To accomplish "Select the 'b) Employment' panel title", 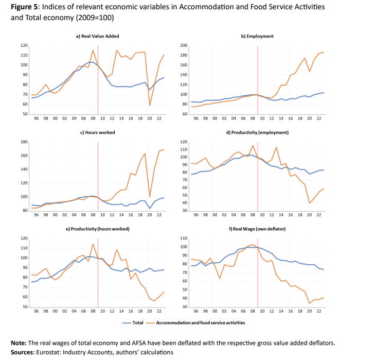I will [257, 36].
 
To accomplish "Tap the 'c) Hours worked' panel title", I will [98, 132].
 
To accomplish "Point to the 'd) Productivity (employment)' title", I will [257, 132].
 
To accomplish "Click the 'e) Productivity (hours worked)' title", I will [98, 228].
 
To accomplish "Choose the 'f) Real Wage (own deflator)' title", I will [257, 228].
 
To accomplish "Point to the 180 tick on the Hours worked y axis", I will [24, 142].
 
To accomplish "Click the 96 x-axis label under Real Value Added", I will [36, 118].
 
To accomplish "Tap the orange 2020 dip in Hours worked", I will [150, 196].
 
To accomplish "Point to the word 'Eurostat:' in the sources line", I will [49, 352].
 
